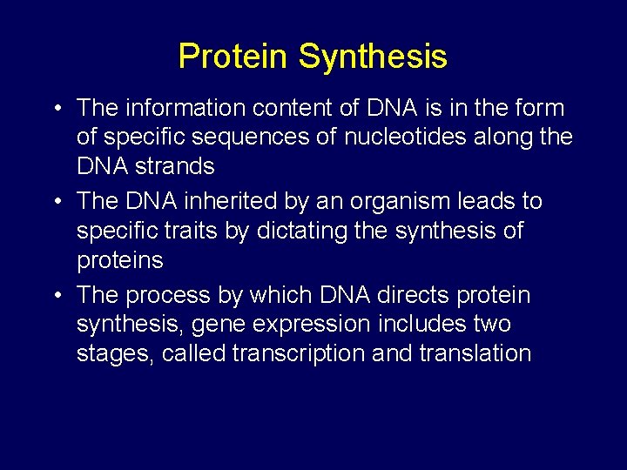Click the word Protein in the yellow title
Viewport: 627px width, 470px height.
233,57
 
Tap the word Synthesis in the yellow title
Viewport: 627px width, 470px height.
373,57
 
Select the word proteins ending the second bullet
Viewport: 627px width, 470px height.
120,261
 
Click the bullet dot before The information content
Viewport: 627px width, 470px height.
56,109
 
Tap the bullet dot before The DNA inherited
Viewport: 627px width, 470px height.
56,202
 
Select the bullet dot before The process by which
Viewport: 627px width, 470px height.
56,296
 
